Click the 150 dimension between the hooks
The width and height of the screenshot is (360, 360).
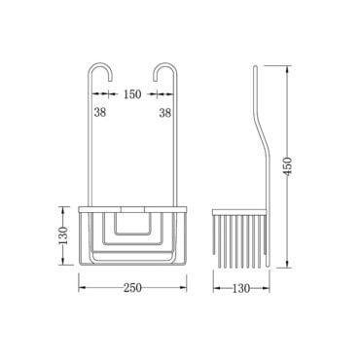pyautogui.click(x=132, y=94)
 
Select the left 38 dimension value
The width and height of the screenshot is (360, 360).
pyautogui.click(x=100, y=113)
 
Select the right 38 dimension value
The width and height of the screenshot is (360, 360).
pyautogui.click(x=165, y=113)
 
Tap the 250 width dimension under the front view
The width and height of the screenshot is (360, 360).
pyautogui.click(x=132, y=288)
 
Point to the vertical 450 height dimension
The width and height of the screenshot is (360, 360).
pyautogui.click(x=287, y=165)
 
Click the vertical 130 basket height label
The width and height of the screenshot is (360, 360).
pyautogui.click(x=64, y=235)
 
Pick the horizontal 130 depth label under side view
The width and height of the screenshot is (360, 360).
pyautogui.click(x=241, y=288)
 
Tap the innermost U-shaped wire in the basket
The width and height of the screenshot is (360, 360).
pyautogui.click(x=132, y=234)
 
